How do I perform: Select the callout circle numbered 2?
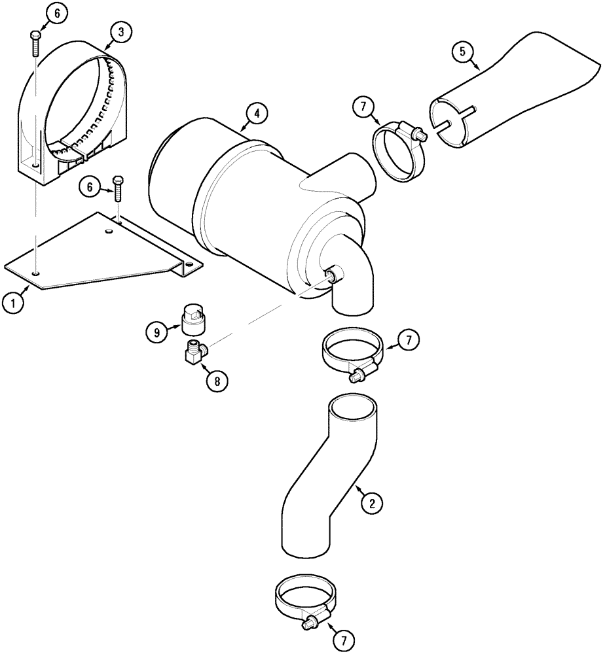tap(371, 503)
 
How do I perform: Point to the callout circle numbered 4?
tap(257, 113)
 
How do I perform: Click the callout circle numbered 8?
tap(217, 380)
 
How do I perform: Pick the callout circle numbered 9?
tap(156, 332)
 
